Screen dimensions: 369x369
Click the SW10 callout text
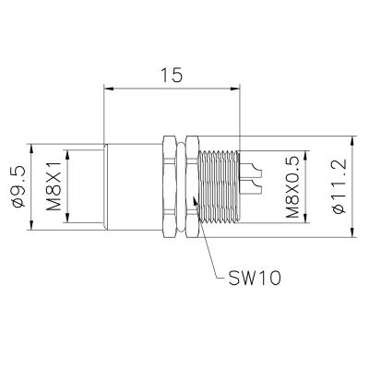[x=250, y=277]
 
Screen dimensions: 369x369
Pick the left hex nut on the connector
[x=169, y=190]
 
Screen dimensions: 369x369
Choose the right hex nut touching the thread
[x=191, y=190]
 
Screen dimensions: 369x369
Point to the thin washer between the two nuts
[x=180, y=190]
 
